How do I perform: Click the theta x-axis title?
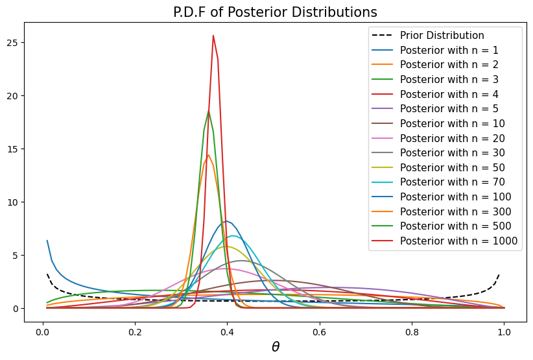(275, 347)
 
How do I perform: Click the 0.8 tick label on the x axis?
(411, 329)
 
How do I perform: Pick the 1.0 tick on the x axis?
(503, 329)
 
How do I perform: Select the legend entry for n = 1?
(449, 50)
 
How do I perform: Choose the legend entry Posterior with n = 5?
(449, 109)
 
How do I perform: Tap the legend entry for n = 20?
(451, 138)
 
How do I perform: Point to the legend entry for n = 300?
(454, 212)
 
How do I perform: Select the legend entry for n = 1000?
(456, 241)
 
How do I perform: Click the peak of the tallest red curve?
(213, 36)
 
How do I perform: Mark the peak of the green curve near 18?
(208, 110)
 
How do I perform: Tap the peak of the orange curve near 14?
(208, 155)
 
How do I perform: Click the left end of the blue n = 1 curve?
(47, 241)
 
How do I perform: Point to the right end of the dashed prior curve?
(499, 274)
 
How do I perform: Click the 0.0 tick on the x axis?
(43, 329)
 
